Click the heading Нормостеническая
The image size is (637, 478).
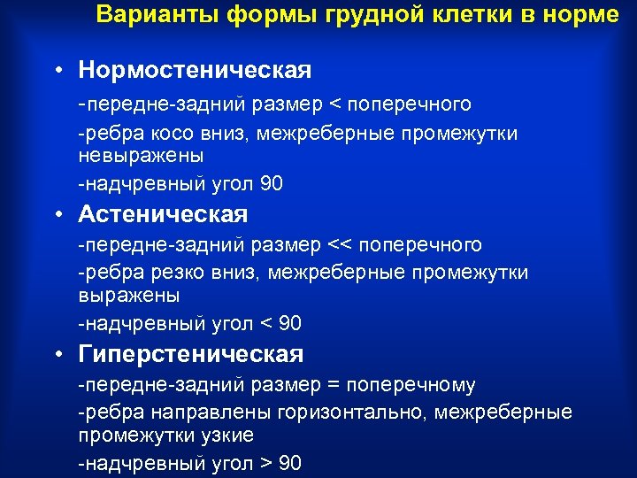point(195,69)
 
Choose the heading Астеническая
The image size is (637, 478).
point(163,213)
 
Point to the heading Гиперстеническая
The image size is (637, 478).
point(191,355)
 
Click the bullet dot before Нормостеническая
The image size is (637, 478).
point(56,70)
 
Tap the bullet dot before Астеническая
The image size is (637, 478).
point(56,214)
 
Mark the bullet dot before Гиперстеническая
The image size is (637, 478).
point(56,356)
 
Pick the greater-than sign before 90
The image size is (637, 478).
point(265,463)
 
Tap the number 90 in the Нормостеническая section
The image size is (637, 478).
point(271,184)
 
